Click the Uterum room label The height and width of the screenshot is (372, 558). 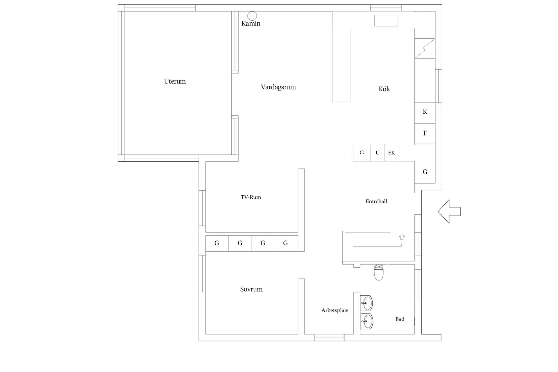point(175,81)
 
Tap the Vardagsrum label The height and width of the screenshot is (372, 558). point(278,87)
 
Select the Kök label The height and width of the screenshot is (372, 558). point(384,89)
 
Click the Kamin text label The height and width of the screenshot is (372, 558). point(251,24)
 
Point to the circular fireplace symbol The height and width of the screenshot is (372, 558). point(252,16)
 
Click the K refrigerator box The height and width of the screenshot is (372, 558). point(425,113)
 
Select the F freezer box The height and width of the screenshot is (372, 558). point(425,134)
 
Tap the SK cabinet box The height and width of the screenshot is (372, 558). point(392,153)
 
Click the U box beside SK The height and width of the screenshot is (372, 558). point(378,153)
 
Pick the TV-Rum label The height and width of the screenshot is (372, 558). point(251,197)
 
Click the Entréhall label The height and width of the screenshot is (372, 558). point(376,201)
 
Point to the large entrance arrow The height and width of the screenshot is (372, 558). point(449,212)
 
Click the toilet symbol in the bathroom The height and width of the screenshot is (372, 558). point(379,272)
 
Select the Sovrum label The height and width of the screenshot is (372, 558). point(251,289)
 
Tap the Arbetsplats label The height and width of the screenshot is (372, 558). point(335,310)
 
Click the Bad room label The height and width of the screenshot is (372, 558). point(400,319)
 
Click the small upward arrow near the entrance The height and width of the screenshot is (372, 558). point(402,237)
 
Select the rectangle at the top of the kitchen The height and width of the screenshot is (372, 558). point(386,21)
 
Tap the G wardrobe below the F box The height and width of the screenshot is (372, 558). point(425,172)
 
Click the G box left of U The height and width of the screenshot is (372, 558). point(362,153)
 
